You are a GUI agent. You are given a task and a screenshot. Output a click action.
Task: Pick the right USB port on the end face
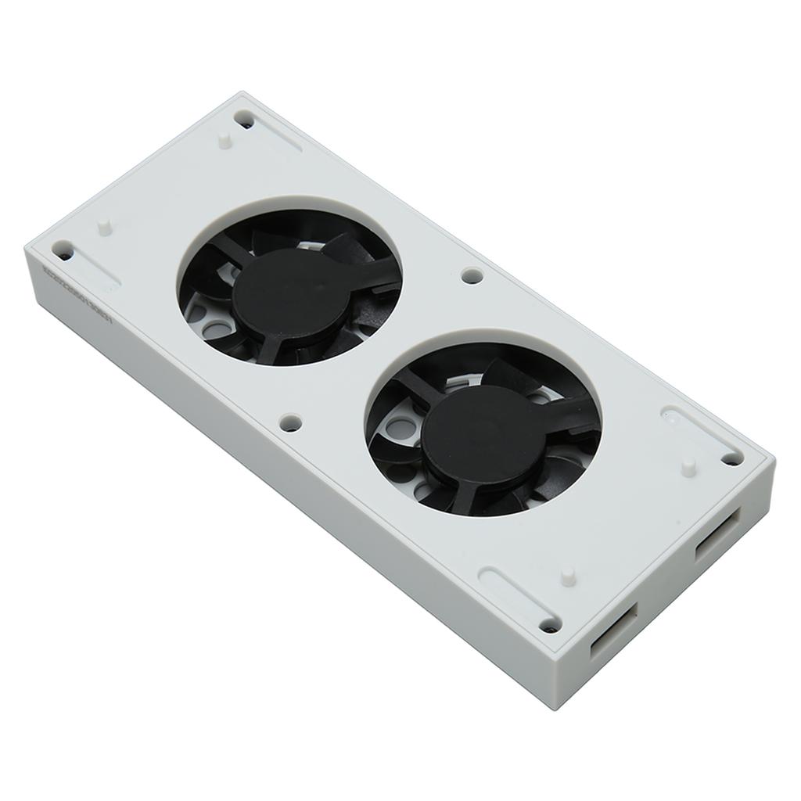point(717,535)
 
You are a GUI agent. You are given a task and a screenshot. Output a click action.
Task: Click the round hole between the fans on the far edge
point(472,275)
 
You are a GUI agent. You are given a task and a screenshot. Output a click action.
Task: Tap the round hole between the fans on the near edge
point(290,422)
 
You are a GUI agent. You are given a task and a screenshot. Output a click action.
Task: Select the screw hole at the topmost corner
point(245,120)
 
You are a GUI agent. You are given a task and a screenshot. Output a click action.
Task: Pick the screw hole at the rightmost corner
point(732,459)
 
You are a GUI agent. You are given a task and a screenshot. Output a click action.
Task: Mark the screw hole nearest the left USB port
point(550,625)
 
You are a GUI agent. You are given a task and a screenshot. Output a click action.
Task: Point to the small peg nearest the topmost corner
point(224,141)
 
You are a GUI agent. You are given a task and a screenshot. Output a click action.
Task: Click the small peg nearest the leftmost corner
point(103,226)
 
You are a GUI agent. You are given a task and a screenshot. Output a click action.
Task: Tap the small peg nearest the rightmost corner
point(688,466)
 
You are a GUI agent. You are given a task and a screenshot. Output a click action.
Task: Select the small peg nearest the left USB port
point(567,577)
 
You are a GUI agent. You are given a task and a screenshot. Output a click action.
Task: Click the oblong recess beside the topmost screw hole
point(278,138)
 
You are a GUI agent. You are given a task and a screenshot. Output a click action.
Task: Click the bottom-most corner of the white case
point(555,708)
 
